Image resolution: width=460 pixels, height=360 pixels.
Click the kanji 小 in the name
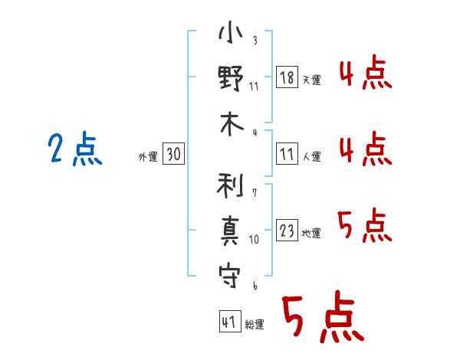click(231, 32)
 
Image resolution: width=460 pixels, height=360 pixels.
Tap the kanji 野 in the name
click(231, 77)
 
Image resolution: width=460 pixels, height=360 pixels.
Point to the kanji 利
click(231, 185)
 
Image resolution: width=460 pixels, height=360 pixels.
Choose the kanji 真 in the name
click(230, 231)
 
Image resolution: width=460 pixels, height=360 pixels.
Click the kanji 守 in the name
click(229, 277)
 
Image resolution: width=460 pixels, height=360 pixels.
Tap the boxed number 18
click(287, 77)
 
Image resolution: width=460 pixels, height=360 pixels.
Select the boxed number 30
click(173, 153)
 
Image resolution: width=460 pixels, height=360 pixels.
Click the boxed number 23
click(287, 230)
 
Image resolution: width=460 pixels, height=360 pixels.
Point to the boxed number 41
click(230, 322)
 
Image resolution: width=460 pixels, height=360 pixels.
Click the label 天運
click(312, 80)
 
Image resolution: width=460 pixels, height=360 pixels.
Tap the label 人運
click(312, 156)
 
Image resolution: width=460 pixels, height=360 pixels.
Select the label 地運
click(311, 233)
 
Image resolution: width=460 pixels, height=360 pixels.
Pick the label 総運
click(255, 324)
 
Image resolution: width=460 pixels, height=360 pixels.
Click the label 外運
click(148, 156)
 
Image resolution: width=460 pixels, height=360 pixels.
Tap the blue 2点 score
click(75, 149)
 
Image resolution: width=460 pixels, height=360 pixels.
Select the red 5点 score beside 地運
click(365, 225)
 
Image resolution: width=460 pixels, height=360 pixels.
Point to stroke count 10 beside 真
click(254, 240)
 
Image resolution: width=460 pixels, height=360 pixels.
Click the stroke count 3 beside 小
click(255, 40)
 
